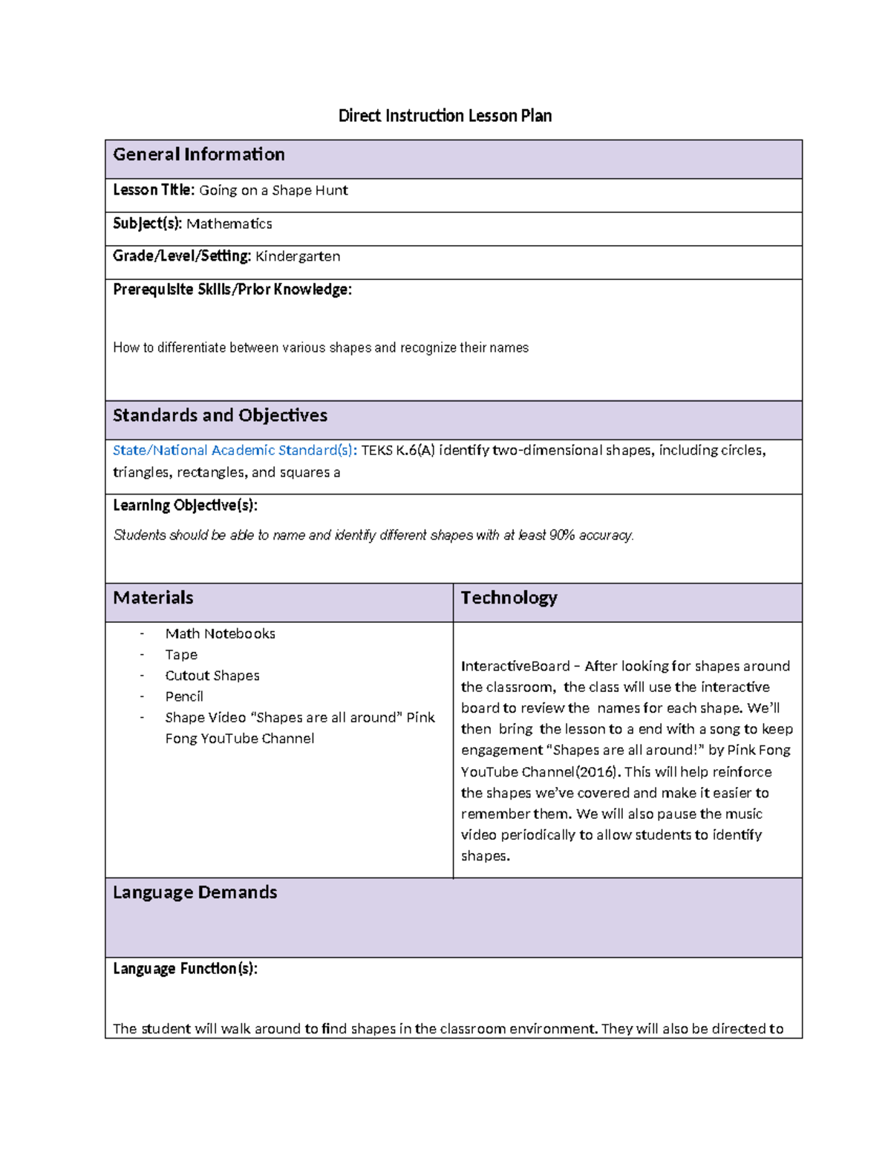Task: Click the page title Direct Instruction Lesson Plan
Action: coord(445,116)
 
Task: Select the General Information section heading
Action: coord(198,154)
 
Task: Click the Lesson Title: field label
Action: coord(154,190)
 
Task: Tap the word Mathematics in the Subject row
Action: coord(229,223)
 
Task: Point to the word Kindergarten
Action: coord(298,256)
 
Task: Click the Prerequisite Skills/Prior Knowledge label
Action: coord(232,290)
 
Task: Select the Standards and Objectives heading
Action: coord(220,416)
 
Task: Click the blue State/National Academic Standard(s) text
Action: coord(235,451)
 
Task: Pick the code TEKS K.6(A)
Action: coord(397,451)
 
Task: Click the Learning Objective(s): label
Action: coord(185,506)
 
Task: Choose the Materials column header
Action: coord(153,598)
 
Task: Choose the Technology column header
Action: coord(509,598)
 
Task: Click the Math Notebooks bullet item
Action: coord(220,634)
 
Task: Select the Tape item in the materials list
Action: coord(181,655)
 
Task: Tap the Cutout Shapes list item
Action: coord(212,676)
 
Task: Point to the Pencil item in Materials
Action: coord(184,696)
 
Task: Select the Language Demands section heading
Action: coord(195,892)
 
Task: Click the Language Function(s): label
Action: coord(185,969)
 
